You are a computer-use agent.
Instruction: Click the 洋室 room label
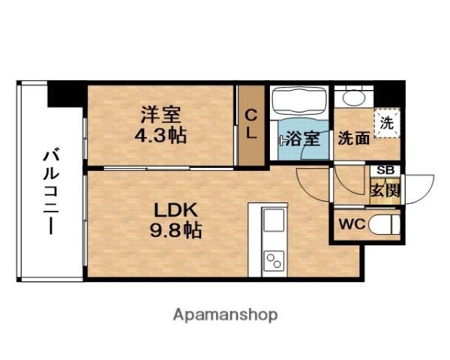(160, 115)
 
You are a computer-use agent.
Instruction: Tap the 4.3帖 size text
(160, 135)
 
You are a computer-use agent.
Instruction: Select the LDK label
(175, 210)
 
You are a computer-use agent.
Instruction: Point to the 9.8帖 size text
(175, 229)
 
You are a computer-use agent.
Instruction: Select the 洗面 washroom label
(353, 138)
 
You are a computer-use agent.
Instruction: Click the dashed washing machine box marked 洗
(387, 123)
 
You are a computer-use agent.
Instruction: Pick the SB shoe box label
(385, 170)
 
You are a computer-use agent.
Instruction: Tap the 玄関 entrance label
(385, 190)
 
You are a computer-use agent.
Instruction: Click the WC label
(352, 224)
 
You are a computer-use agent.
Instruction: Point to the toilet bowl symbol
(384, 224)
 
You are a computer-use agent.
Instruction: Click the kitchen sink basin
(274, 220)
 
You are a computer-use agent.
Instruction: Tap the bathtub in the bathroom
(299, 101)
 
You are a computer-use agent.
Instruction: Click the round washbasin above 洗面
(354, 98)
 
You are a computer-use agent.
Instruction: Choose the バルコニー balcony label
(51, 190)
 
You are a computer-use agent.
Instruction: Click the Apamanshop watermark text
(225, 315)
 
